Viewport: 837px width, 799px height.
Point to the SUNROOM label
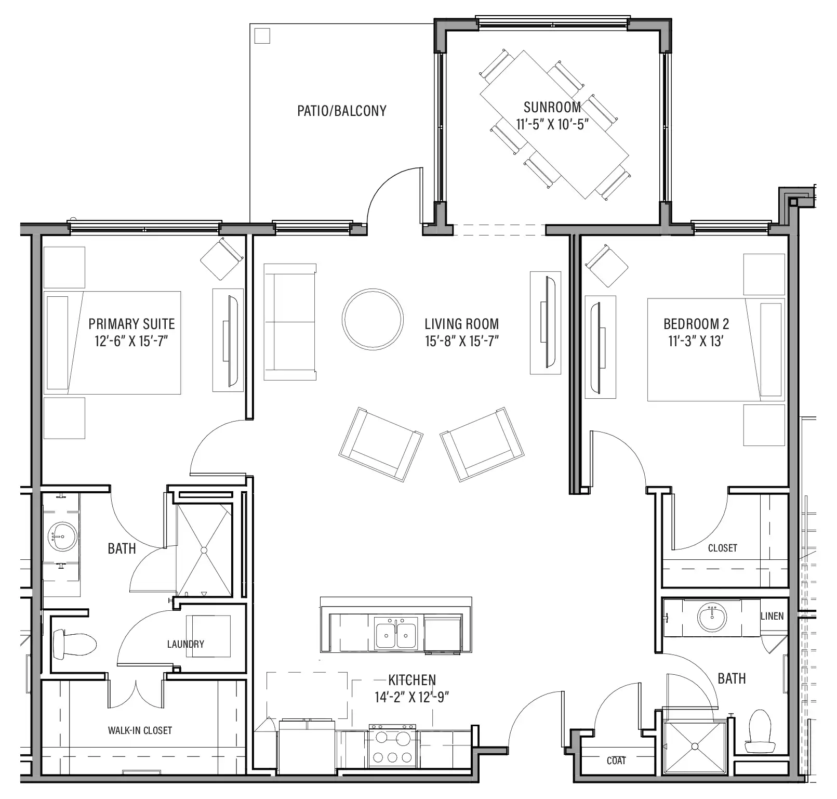552,107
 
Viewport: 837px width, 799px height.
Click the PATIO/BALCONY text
341,111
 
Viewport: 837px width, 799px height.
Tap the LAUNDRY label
185,644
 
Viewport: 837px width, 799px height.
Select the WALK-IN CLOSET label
140,730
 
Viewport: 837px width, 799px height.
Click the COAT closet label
616,761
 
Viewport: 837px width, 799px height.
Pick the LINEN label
772,616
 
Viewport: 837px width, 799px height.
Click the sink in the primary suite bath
62,536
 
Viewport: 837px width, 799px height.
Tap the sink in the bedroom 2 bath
712,618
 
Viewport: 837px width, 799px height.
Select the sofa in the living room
290,322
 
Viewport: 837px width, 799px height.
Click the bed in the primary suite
113,343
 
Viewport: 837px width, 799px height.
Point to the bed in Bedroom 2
715,349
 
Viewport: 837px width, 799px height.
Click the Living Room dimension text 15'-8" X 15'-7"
462,342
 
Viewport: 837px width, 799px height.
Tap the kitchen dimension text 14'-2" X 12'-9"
412,697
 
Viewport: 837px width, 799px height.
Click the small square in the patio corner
263,36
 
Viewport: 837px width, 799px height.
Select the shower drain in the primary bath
204,550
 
